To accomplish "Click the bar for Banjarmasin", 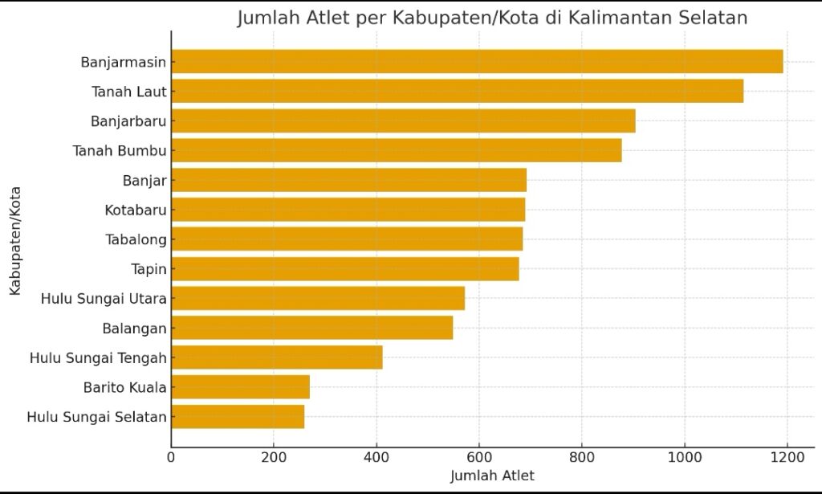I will (477, 62).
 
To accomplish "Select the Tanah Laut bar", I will (457, 92).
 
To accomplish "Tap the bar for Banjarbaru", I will (403, 121).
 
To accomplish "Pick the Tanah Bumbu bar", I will (396, 150).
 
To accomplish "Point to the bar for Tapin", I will (344, 268).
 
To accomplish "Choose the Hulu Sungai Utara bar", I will (318, 298).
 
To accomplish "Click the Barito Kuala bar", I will (240, 387).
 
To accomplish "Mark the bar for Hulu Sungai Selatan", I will (238, 417).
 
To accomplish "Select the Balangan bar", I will (311, 328).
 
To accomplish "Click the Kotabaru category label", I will (136, 210).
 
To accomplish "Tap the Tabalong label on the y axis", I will (136, 239).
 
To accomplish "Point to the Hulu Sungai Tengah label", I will (98, 357).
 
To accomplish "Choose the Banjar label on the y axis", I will (144, 181).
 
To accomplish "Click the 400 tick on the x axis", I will (376, 457).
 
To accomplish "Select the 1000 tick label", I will (684, 457).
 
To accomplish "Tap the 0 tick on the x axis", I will (171, 457).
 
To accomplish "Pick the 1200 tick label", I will (787, 457).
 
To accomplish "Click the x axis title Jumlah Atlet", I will (492, 476).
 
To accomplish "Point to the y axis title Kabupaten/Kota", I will (15, 241).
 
